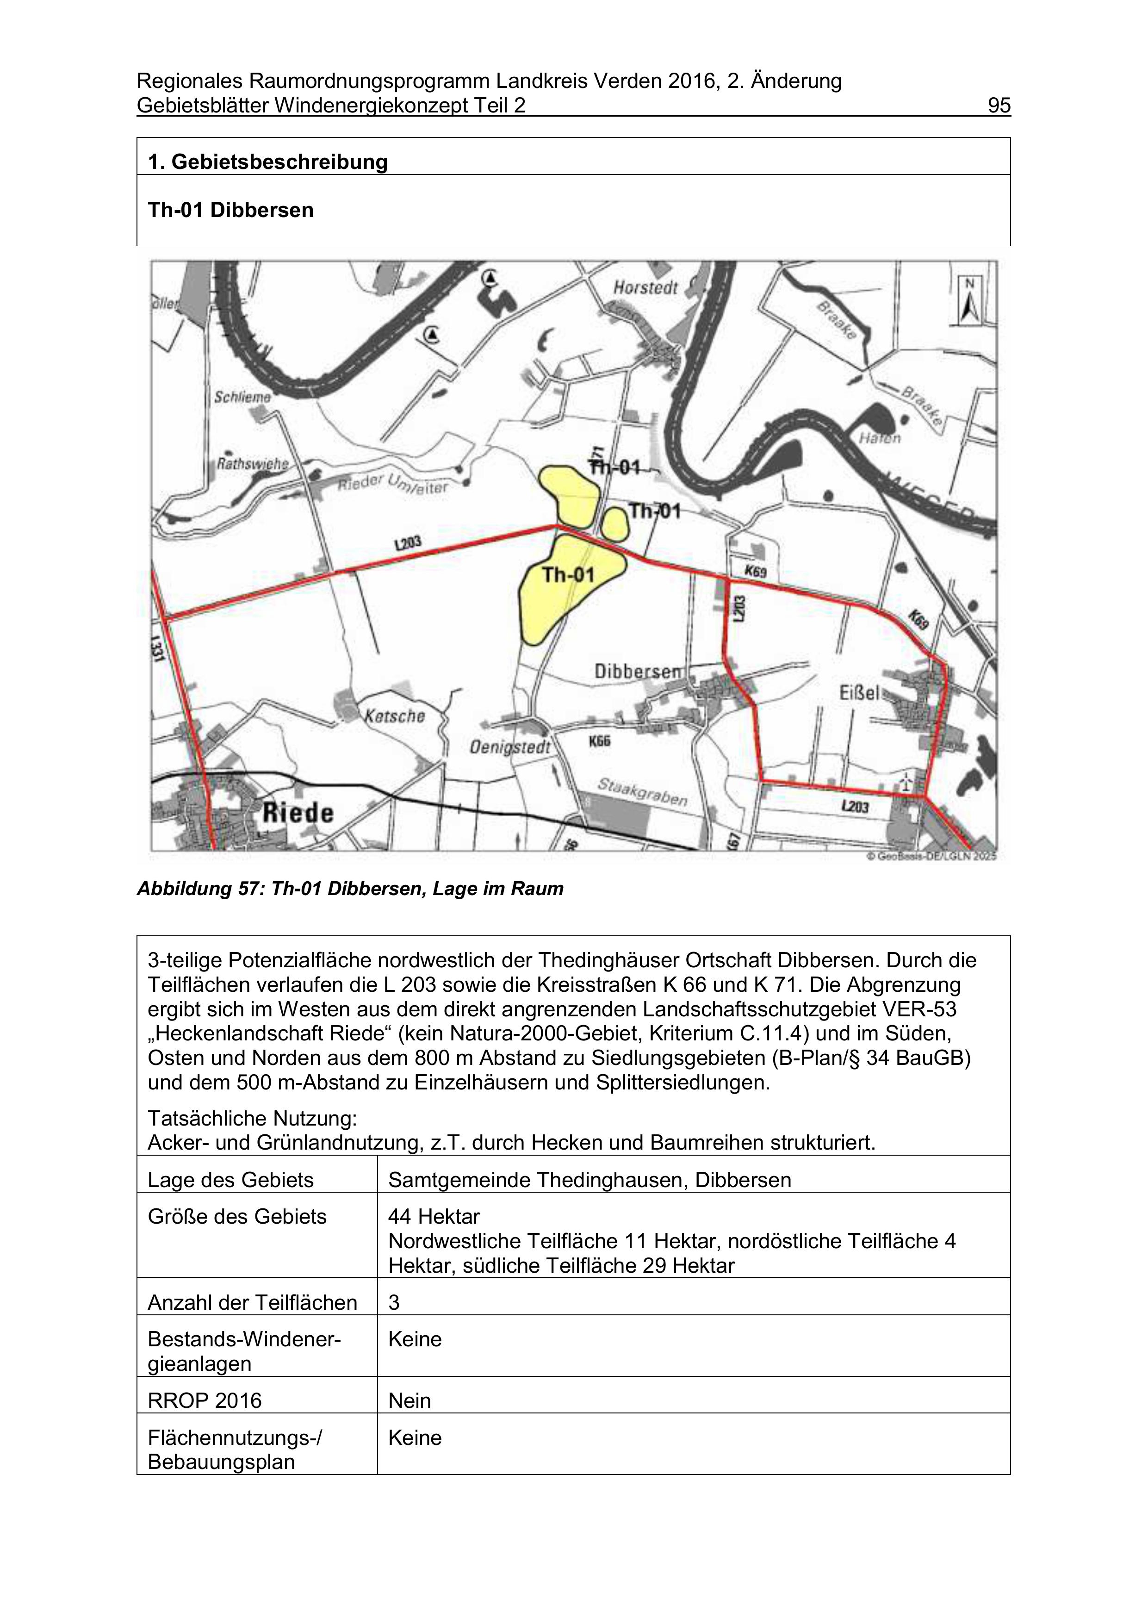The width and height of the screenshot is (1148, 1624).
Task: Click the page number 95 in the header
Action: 999,106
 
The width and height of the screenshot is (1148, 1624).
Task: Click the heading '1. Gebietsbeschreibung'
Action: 267,162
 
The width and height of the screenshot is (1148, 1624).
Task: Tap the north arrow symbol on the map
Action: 969,301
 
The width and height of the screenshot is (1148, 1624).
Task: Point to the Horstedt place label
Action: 645,288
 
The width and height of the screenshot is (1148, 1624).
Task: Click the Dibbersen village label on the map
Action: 637,671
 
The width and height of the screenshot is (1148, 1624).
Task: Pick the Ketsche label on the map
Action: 395,716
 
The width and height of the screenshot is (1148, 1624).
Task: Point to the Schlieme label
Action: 242,398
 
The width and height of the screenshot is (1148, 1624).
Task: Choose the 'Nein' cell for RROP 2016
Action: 410,1400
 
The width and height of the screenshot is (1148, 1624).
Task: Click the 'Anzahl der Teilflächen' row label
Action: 252,1303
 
